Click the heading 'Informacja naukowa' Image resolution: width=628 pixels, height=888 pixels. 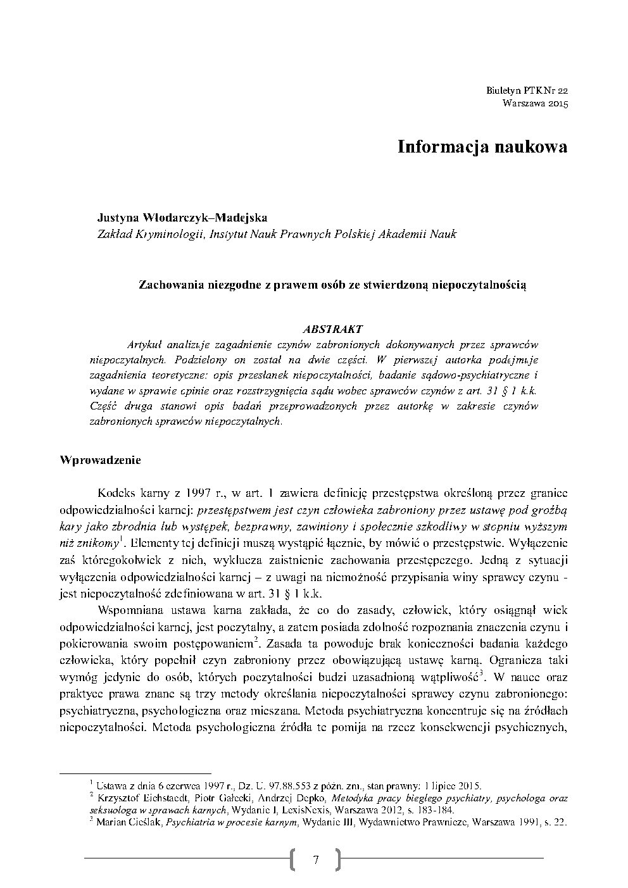point(482,147)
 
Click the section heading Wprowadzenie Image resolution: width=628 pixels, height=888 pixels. point(99,460)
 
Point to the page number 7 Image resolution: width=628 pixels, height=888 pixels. point(315,859)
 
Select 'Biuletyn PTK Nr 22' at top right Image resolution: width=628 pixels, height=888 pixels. point(527,91)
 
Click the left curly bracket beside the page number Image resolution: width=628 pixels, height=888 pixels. point(293,859)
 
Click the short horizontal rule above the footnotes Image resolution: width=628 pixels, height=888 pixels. point(135,773)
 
